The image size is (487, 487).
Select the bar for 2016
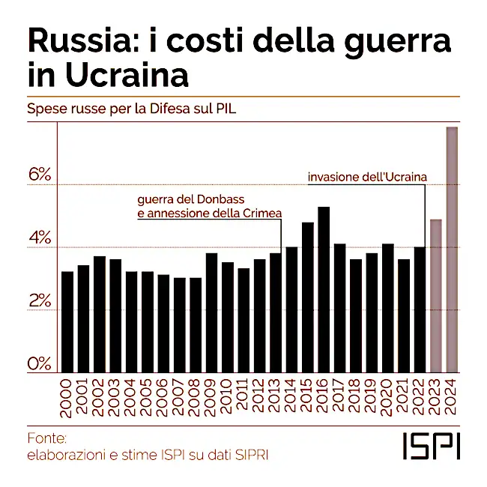324,290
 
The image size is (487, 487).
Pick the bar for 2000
67,322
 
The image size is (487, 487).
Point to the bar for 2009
211,313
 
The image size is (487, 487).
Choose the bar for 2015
308,297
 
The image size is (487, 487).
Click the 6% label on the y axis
39,175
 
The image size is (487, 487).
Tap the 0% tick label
39,364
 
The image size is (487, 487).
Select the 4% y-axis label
39,239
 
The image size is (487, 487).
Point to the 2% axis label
39,301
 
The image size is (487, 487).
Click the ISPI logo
431,445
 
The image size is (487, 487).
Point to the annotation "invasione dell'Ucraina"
367,177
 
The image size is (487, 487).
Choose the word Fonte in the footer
46,438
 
